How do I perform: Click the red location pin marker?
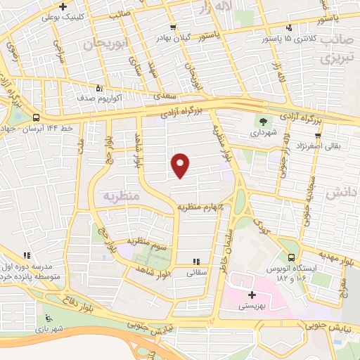181,165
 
